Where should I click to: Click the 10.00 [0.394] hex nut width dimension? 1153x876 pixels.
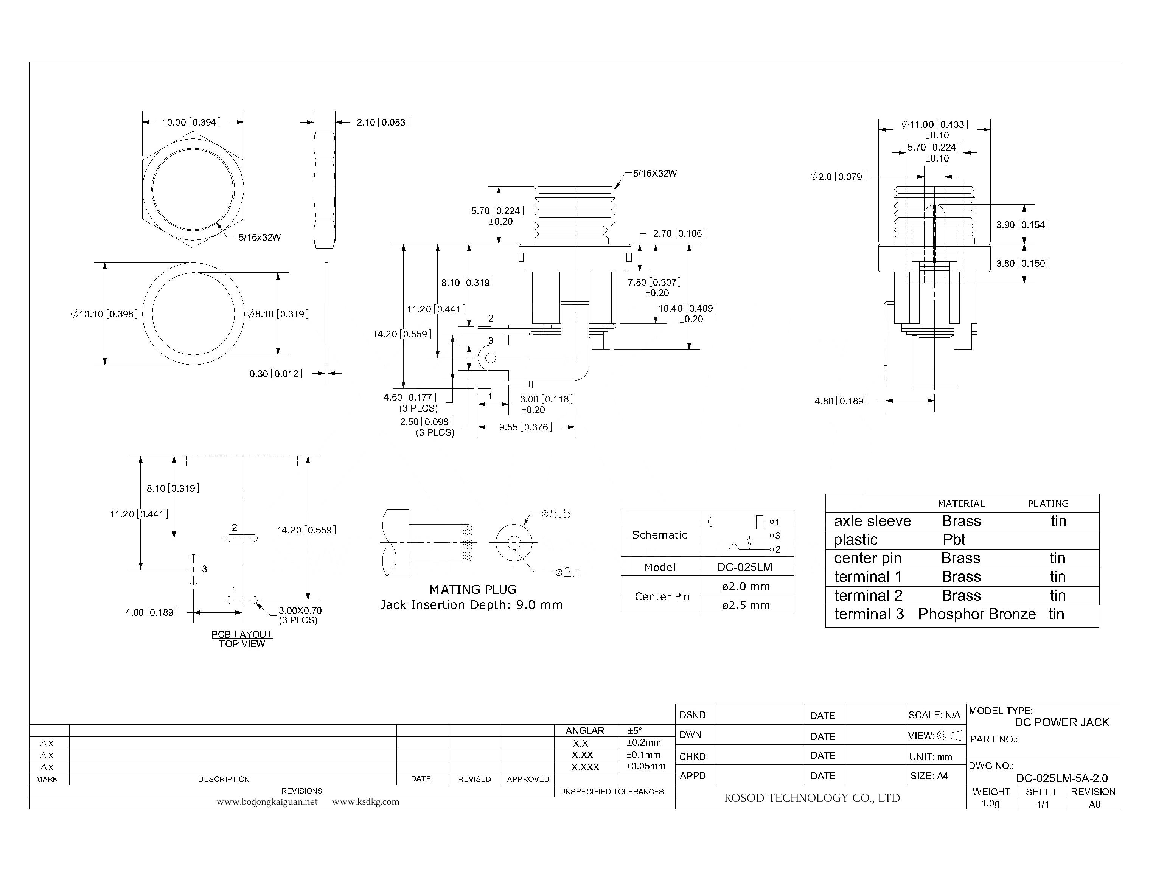click(x=191, y=123)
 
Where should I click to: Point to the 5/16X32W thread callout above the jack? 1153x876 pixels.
click(x=654, y=174)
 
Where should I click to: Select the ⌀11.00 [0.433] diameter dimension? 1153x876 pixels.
click(x=935, y=124)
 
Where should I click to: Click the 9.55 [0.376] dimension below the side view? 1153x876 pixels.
click(x=525, y=427)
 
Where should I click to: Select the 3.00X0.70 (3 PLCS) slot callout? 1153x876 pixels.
click(x=299, y=615)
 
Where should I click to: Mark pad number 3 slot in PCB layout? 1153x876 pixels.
click(x=193, y=569)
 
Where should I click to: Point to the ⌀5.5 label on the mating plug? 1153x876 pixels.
click(x=556, y=514)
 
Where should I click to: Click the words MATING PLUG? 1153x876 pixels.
click(x=473, y=590)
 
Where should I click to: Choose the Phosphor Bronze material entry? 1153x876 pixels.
click(x=977, y=614)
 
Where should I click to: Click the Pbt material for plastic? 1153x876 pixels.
click(x=954, y=540)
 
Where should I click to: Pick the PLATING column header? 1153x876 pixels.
click(x=1048, y=504)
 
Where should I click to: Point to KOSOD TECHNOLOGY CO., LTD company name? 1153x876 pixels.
click(x=812, y=798)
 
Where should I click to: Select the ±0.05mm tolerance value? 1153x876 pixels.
click(x=646, y=766)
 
